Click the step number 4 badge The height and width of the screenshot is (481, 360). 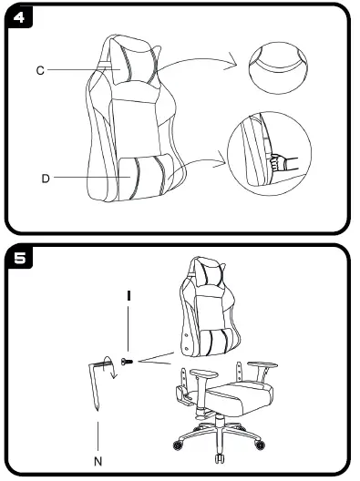(18, 17)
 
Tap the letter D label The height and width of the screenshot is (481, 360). (45, 179)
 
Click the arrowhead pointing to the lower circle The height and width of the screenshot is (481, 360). (221, 164)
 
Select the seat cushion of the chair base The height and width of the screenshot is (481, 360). (240, 398)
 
